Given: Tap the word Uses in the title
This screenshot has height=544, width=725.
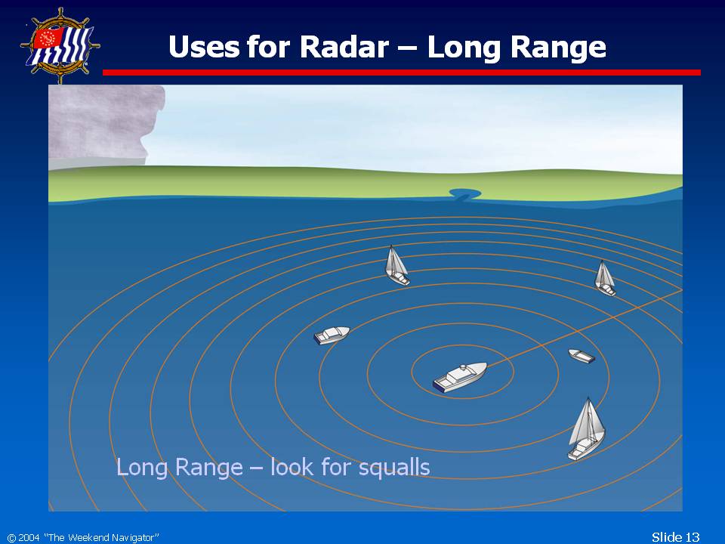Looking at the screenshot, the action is pyautogui.click(x=204, y=47).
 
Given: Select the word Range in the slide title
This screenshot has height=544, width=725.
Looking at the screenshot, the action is pyautogui.click(x=558, y=48).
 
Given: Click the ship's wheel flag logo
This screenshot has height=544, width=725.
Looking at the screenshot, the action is pyautogui.click(x=60, y=45).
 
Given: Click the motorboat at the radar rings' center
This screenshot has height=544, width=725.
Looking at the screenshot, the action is pyautogui.click(x=460, y=378).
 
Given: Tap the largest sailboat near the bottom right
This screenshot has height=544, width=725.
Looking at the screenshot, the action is pyautogui.click(x=586, y=429).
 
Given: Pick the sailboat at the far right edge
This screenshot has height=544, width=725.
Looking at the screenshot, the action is pyautogui.click(x=605, y=278).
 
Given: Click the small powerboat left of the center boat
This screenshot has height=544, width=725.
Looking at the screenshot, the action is pyautogui.click(x=332, y=335).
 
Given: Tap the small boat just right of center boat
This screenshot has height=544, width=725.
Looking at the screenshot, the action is pyautogui.click(x=582, y=356).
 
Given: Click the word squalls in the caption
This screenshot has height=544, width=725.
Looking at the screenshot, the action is pyautogui.click(x=394, y=468).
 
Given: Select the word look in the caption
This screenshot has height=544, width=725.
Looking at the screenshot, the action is pyautogui.click(x=292, y=466).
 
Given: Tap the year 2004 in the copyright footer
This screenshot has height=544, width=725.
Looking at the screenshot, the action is pyautogui.click(x=29, y=537).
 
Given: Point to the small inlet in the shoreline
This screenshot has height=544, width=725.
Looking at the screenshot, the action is pyautogui.click(x=464, y=194).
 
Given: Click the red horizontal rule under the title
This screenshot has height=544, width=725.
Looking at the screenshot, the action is pyautogui.click(x=401, y=73).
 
